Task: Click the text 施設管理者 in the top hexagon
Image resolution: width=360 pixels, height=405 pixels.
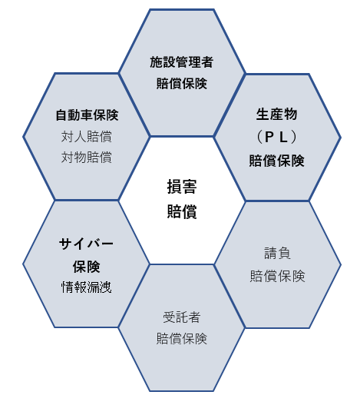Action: tap(181, 62)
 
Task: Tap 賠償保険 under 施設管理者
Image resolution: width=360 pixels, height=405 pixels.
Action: tap(182, 83)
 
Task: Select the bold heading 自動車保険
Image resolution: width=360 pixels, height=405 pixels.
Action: tap(87, 115)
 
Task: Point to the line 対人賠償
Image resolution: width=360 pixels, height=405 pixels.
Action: tap(87, 136)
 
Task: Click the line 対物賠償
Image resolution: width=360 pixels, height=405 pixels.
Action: tap(87, 157)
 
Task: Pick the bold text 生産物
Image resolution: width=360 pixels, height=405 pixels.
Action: tap(276, 115)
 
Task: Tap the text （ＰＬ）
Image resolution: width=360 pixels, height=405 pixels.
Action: tap(276, 137)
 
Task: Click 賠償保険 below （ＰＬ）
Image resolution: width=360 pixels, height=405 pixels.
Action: tap(276, 161)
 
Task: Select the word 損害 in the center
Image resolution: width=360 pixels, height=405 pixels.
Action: tap(182, 187)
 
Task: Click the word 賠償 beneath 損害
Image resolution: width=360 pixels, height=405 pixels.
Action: tap(182, 211)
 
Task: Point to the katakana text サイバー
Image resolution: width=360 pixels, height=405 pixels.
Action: tap(86, 244)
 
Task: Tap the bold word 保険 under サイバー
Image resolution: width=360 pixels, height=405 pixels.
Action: tap(86, 267)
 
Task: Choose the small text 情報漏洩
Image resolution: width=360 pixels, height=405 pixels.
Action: tap(87, 287)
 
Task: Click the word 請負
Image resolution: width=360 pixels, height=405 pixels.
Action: tap(277, 253)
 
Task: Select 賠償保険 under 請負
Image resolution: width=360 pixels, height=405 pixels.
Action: tap(277, 276)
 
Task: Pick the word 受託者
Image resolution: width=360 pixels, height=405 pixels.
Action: tap(181, 317)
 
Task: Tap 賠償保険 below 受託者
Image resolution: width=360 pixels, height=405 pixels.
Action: tap(182, 338)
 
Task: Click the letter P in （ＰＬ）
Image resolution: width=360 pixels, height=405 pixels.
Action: tap(269, 137)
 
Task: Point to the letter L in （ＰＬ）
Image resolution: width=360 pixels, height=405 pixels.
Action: tap(283, 137)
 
